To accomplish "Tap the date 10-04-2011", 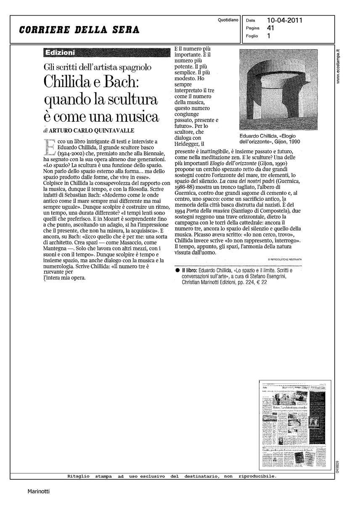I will pyautogui.click(x=285, y=20).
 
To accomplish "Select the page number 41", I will pyautogui.click(x=270, y=28).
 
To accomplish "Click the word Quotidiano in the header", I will pyautogui.click(x=228, y=20).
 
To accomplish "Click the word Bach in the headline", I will pyautogui.click(x=129, y=82).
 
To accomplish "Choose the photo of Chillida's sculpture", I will pyautogui.click(x=278, y=89).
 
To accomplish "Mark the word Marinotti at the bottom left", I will pyautogui.click(x=39, y=491).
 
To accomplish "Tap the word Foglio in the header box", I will pyautogui.click(x=251, y=36).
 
